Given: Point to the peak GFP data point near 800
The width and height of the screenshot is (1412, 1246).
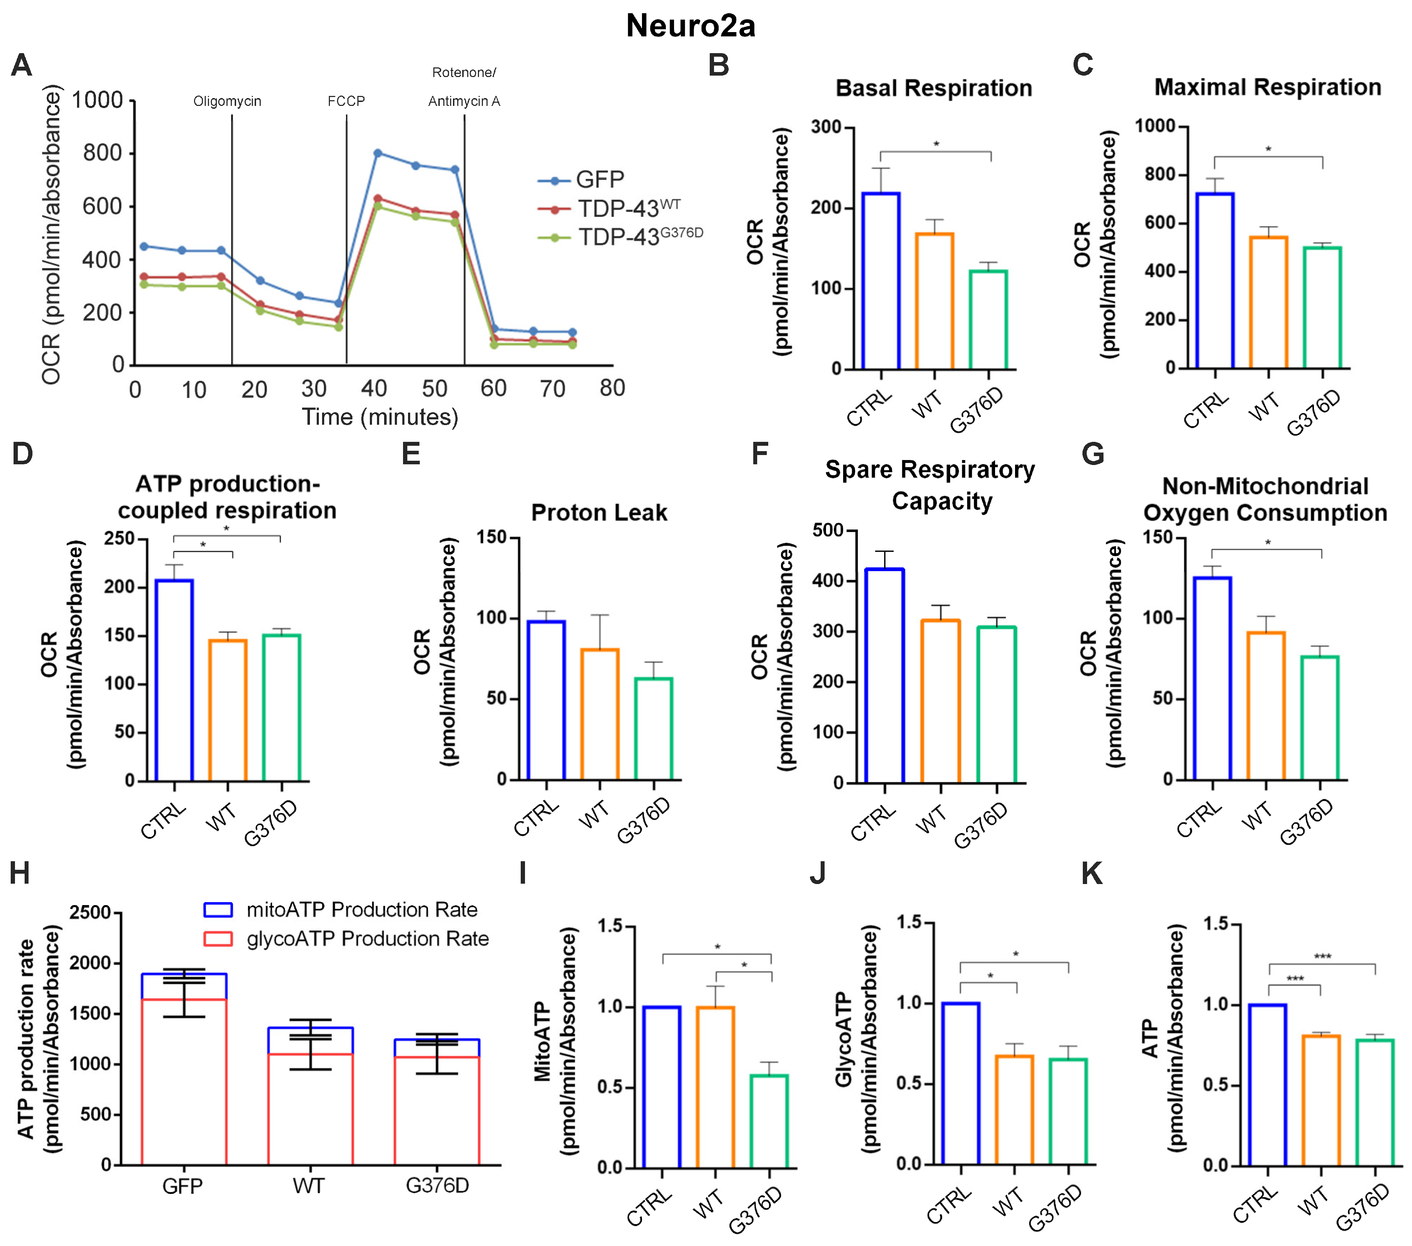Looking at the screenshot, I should tap(377, 153).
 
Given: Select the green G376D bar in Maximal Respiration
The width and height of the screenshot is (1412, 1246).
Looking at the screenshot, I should tap(1322, 307).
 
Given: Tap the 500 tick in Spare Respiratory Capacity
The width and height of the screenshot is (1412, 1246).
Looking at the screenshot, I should tap(827, 530).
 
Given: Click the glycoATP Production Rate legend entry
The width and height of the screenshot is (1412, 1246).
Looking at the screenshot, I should tap(367, 939).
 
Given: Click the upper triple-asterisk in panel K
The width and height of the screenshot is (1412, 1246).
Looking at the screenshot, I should tap(1322, 956).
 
